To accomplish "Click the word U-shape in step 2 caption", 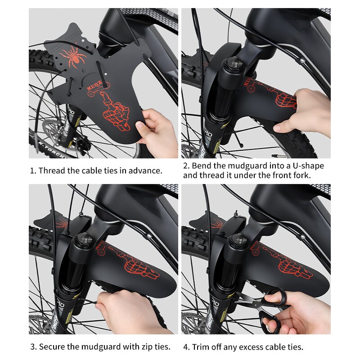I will pyautogui.click(x=309, y=166).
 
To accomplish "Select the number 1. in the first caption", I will pyautogui.click(x=33, y=171).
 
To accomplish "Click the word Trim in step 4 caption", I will pyautogui.click(x=200, y=347).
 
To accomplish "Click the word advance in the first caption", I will pyautogui.click(x=146, y=171).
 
